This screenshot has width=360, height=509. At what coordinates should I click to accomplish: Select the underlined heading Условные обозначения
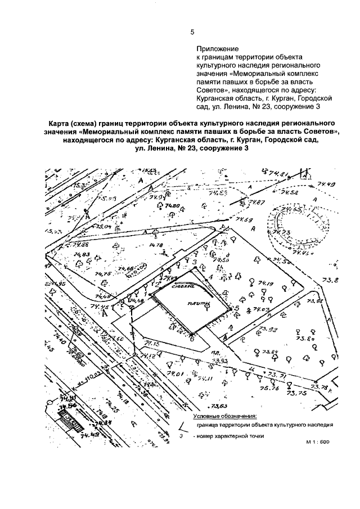pos(224,416)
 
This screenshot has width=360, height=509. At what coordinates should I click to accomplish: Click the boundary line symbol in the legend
pos(182,426)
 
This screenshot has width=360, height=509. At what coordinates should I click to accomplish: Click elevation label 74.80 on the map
pos(172,206)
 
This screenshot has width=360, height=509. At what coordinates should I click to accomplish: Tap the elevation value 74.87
pos(258,202)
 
